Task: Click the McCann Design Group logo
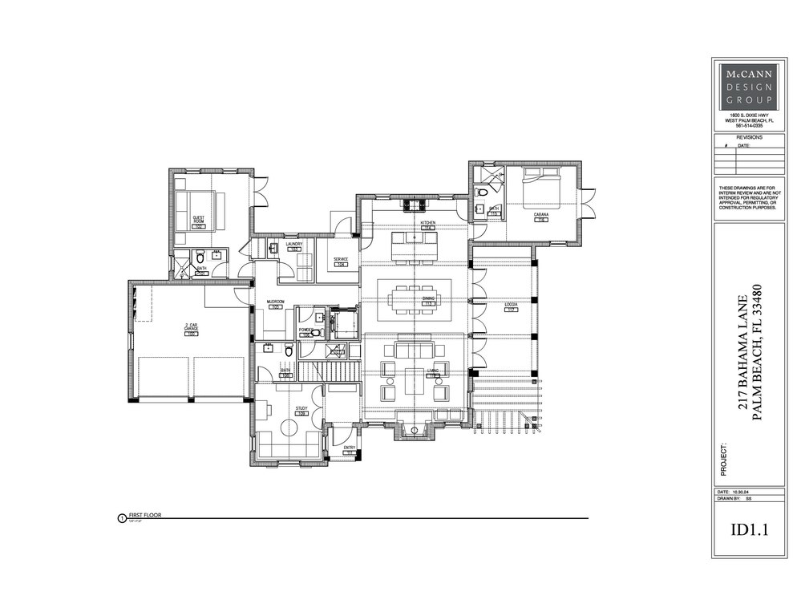pos(746,87)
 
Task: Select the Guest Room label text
pos(200,219)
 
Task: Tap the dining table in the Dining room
pos(415,302)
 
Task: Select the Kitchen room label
pos(427,221)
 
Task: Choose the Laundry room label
pos(293,245)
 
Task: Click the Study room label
pos(301,409)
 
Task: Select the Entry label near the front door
pos(349,448)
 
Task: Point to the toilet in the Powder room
pos(316,332)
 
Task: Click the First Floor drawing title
pos(145,515)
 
